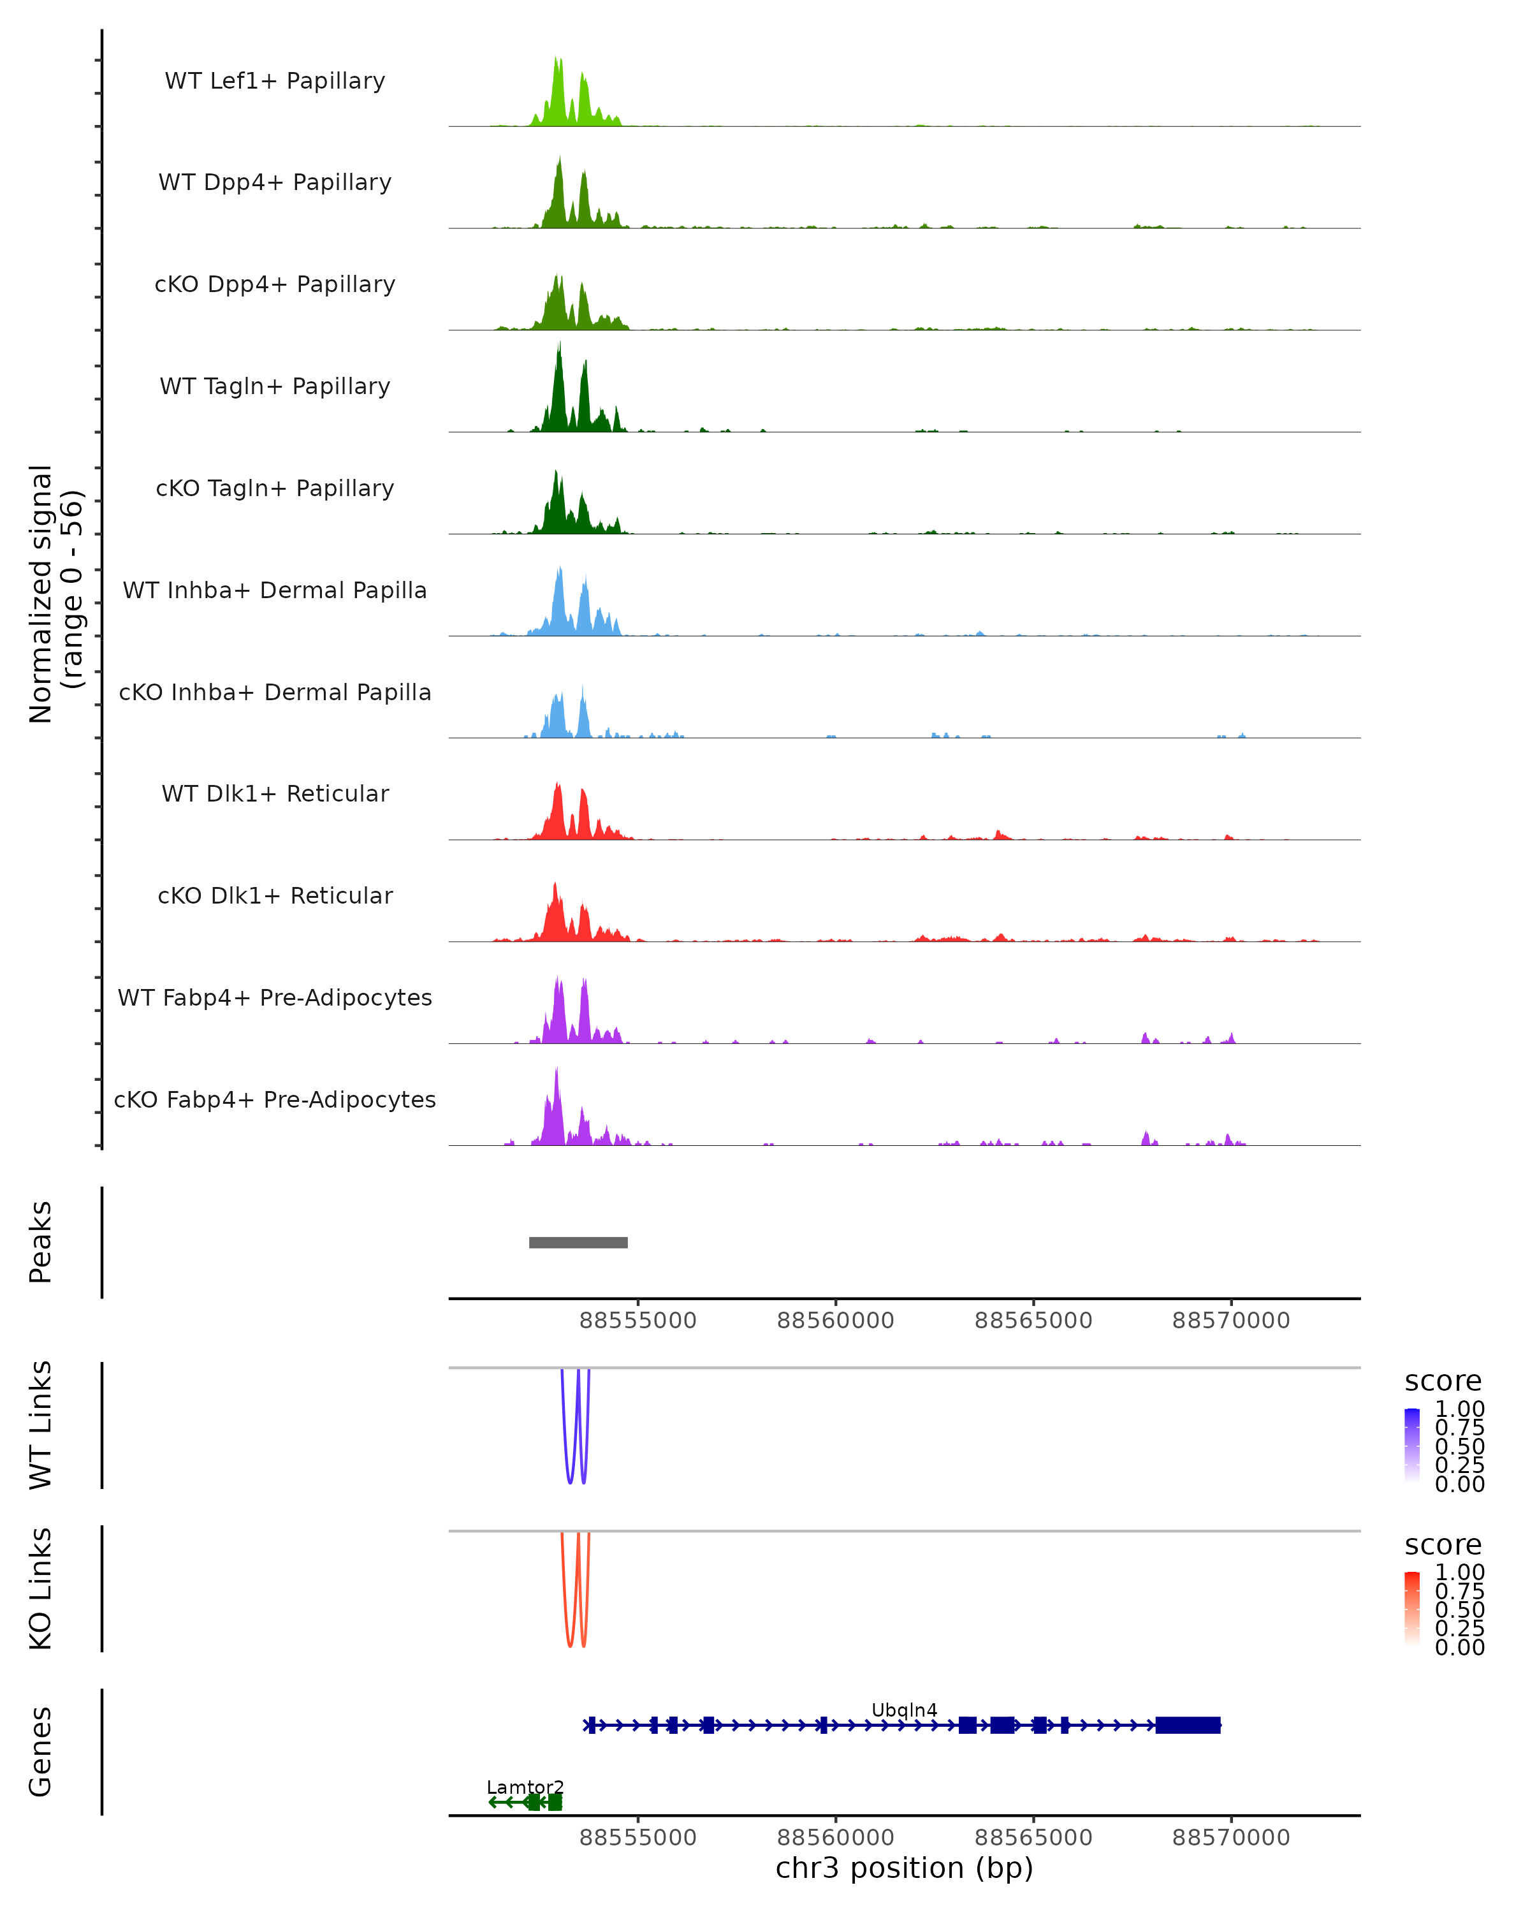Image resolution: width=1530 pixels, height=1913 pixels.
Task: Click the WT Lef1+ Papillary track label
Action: pos(275,81)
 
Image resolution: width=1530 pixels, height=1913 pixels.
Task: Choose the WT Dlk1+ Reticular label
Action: pos(275,793)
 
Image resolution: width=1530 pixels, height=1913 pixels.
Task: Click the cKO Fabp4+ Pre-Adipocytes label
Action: pos(275,1099)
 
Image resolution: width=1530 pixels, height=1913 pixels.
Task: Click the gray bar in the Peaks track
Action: pos(578,1242)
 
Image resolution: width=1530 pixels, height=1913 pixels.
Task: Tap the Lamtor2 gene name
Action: pos(525,1787)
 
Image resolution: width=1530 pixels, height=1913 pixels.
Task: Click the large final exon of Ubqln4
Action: pos(1188,1725)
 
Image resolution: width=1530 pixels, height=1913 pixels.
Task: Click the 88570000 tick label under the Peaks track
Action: pos(1230,1321)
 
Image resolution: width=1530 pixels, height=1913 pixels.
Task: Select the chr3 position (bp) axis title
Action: pos(904,1868)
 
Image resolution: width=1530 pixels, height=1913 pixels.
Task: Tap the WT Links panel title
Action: pos(41,1425)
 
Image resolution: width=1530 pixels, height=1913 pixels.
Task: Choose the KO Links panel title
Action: pos(41,1588)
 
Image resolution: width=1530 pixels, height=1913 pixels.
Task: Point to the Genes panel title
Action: pos(41,1752)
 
